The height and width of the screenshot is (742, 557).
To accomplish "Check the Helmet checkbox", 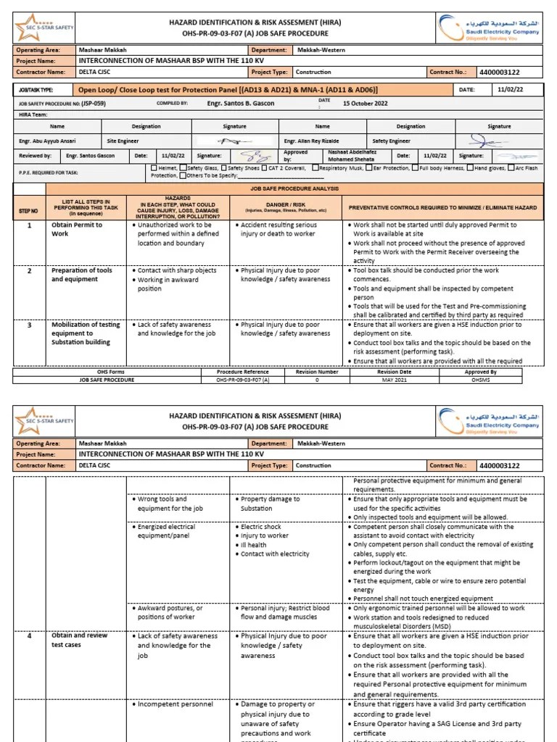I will (153, 168).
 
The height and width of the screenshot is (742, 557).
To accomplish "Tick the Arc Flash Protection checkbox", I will (510, 168).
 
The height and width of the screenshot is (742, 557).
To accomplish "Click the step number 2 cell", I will (30, 271).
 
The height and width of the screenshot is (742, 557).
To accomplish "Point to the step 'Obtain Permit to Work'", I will (76, 229).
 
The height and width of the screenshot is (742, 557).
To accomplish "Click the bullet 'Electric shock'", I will (262, 528).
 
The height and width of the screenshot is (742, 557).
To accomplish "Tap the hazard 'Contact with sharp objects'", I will (176, 270).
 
